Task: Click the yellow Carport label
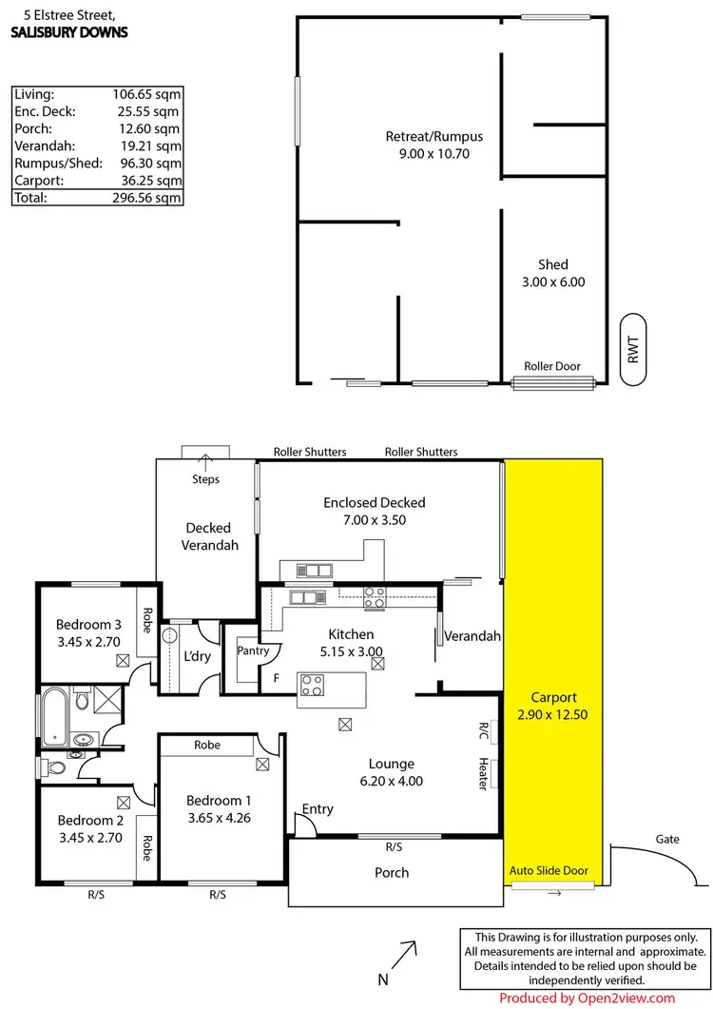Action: [553, 697]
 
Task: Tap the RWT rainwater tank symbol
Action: [633, 349]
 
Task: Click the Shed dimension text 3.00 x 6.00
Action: [552, 281]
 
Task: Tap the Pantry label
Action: [253, 651]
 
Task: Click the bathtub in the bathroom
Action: [54, 716]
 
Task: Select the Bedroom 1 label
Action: [219, 799]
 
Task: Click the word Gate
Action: [667, 840]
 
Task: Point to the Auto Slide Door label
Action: [549, 870]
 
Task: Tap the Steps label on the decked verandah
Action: [205, 479]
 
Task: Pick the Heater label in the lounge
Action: [484, 773]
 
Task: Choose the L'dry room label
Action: [197, 655]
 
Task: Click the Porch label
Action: [392, 872]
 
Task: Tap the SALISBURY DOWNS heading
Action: [68, 31]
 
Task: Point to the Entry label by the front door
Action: [318, 809]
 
